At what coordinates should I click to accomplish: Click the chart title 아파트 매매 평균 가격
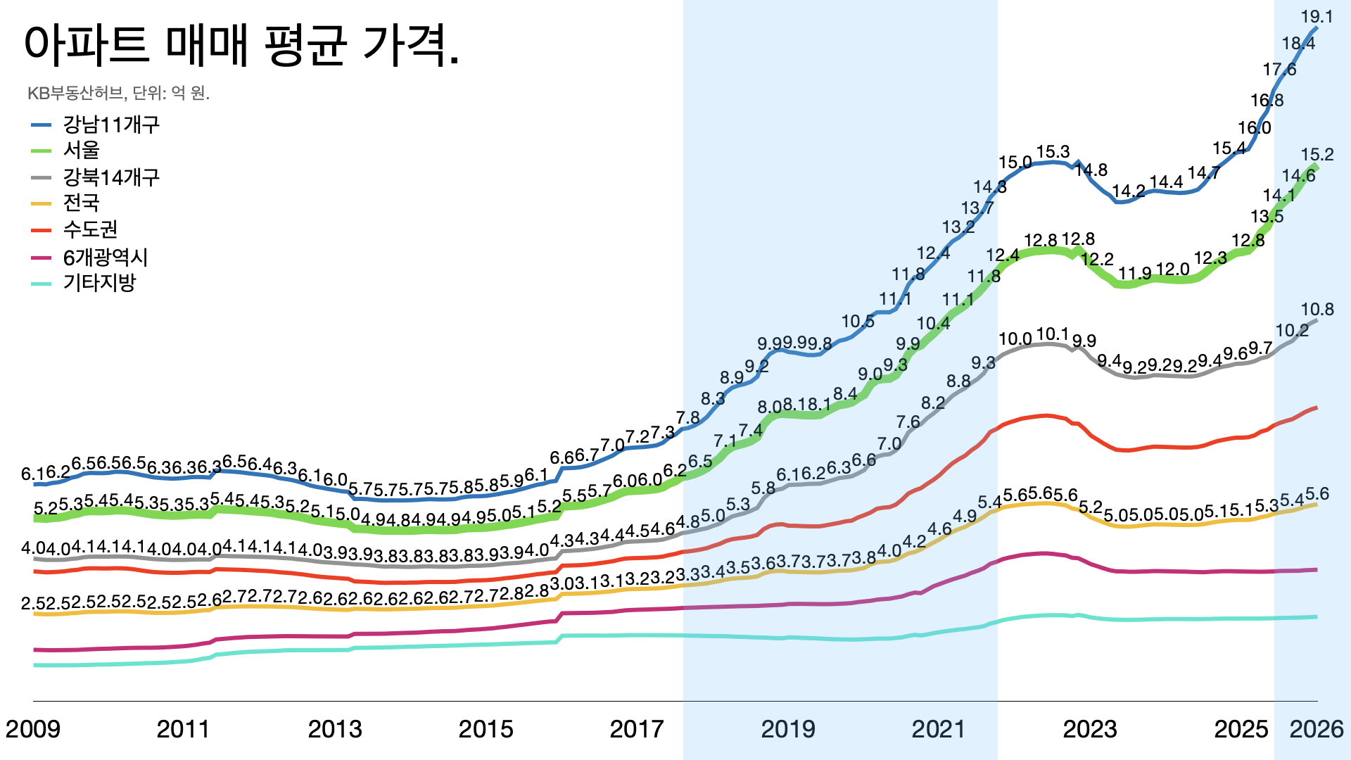pyautogui.click(x=241, y=45)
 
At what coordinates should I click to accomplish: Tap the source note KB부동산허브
pyautogui.click(x=118, y=93)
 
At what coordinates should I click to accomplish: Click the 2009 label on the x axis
pyautogui.click(x=33, y=729)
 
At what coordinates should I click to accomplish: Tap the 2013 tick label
pyautogui.click(x=335, y=729)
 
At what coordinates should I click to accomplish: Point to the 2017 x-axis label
pyautogui.click(x=637, y=729)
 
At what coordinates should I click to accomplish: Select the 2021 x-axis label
pyautogui.click(x=939, y=729)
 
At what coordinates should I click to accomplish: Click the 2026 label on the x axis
pyautogui.click(x=1317, y=729)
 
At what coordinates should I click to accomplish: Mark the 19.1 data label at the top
pyautogui.click(x=1317, y=17)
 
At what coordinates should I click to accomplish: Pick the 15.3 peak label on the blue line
pyautogui.click(x=1053, y=152)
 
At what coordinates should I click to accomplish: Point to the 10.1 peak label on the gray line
pyautogui.click(x=1053, y=334)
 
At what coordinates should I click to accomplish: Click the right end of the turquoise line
pyautogui.click(x=1316, y=617)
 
